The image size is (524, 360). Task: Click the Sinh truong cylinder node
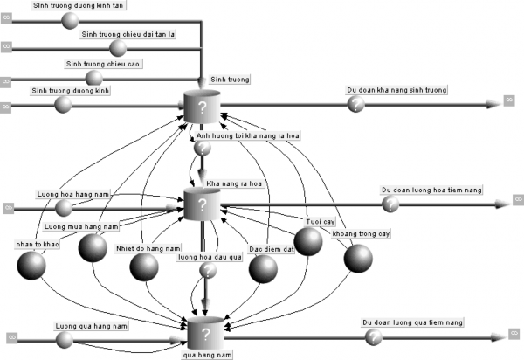point(202,108)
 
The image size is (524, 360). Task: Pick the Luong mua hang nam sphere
point(93,248)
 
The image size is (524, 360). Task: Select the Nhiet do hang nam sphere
point(144,268)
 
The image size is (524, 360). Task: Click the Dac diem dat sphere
point(263,268)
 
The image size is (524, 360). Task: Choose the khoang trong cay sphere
point(357,258)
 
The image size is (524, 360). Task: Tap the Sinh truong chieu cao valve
point(93,77)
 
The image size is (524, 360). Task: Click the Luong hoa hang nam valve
point(64,207)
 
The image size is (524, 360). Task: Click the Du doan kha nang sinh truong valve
point(355,104)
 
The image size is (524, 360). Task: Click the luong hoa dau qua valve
point(208,271)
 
